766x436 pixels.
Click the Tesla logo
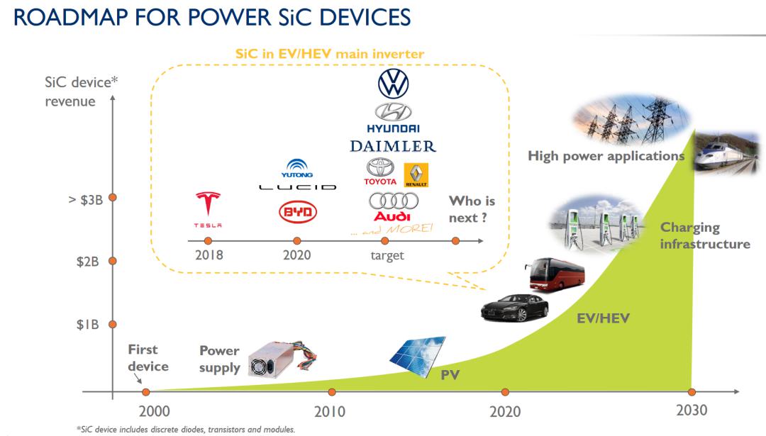pos(208,210)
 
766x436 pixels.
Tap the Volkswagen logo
pos(393,84)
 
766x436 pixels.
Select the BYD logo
pos(297,212)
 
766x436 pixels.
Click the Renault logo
pos(416,175)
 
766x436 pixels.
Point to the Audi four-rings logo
pos(393,201)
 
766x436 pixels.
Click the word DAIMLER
pos(393,146)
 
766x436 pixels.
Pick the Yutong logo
pos(297,169)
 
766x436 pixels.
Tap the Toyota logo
pos(380,172)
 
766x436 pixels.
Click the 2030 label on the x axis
pos(692,410)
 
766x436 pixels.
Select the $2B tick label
pos(87,262)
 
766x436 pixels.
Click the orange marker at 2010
pos(332,392)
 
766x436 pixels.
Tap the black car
pos(515,308)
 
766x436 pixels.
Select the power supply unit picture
pos(282,359)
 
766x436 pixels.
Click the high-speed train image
pos(726,152)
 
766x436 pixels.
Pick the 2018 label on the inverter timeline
pos(209,255)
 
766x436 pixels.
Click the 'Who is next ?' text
pos(472,209)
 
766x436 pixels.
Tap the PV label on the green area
pos(450,375)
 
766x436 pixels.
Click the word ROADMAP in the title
pos(71,18)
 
